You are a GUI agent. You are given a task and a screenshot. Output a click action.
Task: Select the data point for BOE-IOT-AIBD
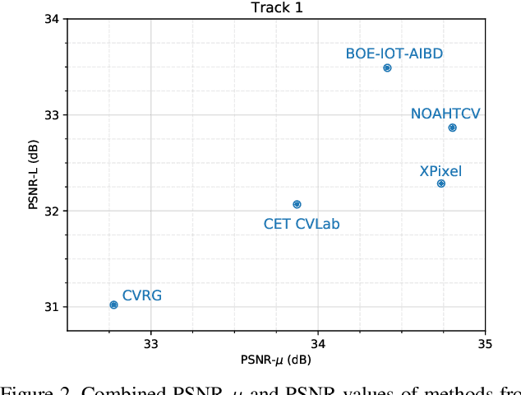tap(387, 68)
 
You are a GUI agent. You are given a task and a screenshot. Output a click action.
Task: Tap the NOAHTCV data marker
tap(452, 128)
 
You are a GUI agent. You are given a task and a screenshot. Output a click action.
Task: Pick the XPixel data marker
tap(441, 184)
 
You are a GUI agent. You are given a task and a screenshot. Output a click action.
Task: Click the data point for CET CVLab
tap(297, 204)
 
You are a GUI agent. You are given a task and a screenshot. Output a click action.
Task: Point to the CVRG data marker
tap(113, 304)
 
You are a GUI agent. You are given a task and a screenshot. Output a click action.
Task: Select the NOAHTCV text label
tap(445, 114)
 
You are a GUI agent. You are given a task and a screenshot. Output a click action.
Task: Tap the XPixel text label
tap(440, 171)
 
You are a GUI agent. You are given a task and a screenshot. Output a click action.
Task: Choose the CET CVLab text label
tap(301, 223)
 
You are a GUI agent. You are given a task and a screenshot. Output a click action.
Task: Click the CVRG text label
tap(142, 295)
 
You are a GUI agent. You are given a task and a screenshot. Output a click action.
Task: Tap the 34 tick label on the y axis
tap(52, 19)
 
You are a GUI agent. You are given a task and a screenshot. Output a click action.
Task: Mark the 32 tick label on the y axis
tap(52, 211)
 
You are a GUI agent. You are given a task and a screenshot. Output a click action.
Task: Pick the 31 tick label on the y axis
tap(52, 307)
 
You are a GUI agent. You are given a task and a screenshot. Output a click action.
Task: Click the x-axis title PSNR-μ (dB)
tap(275, 360)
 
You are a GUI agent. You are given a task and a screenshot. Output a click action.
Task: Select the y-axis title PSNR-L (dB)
tap(33, 174)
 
